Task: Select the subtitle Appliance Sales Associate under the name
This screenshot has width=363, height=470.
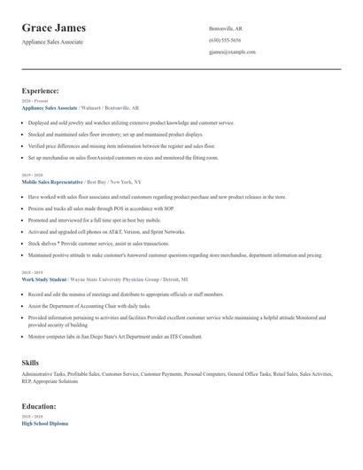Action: click(x=52, y=42)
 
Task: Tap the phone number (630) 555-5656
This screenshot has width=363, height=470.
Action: click(x=224, y=40)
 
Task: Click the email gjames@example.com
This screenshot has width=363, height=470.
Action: click(x=232, y=52)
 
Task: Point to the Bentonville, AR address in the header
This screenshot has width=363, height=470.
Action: click(x=226, y=28)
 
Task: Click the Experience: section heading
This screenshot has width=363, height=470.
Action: click(x=41, y=90)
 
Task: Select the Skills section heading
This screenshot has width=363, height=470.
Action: click(x=31, y=363)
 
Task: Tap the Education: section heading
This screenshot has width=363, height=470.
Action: click(x=40, y=406)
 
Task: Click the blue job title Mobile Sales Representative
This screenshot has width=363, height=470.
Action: click(x=52, y=156)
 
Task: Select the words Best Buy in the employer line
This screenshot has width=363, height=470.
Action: click(x=97, y=156)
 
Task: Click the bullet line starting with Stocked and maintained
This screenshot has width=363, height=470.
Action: click(x=115, y=134)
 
